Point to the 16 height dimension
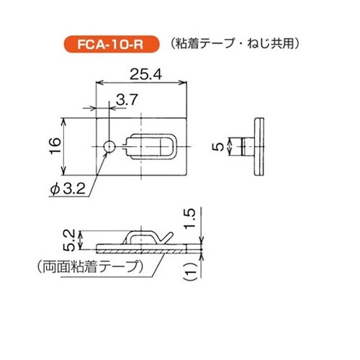tap(55, 146)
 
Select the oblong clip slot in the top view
tap(153, 146)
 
